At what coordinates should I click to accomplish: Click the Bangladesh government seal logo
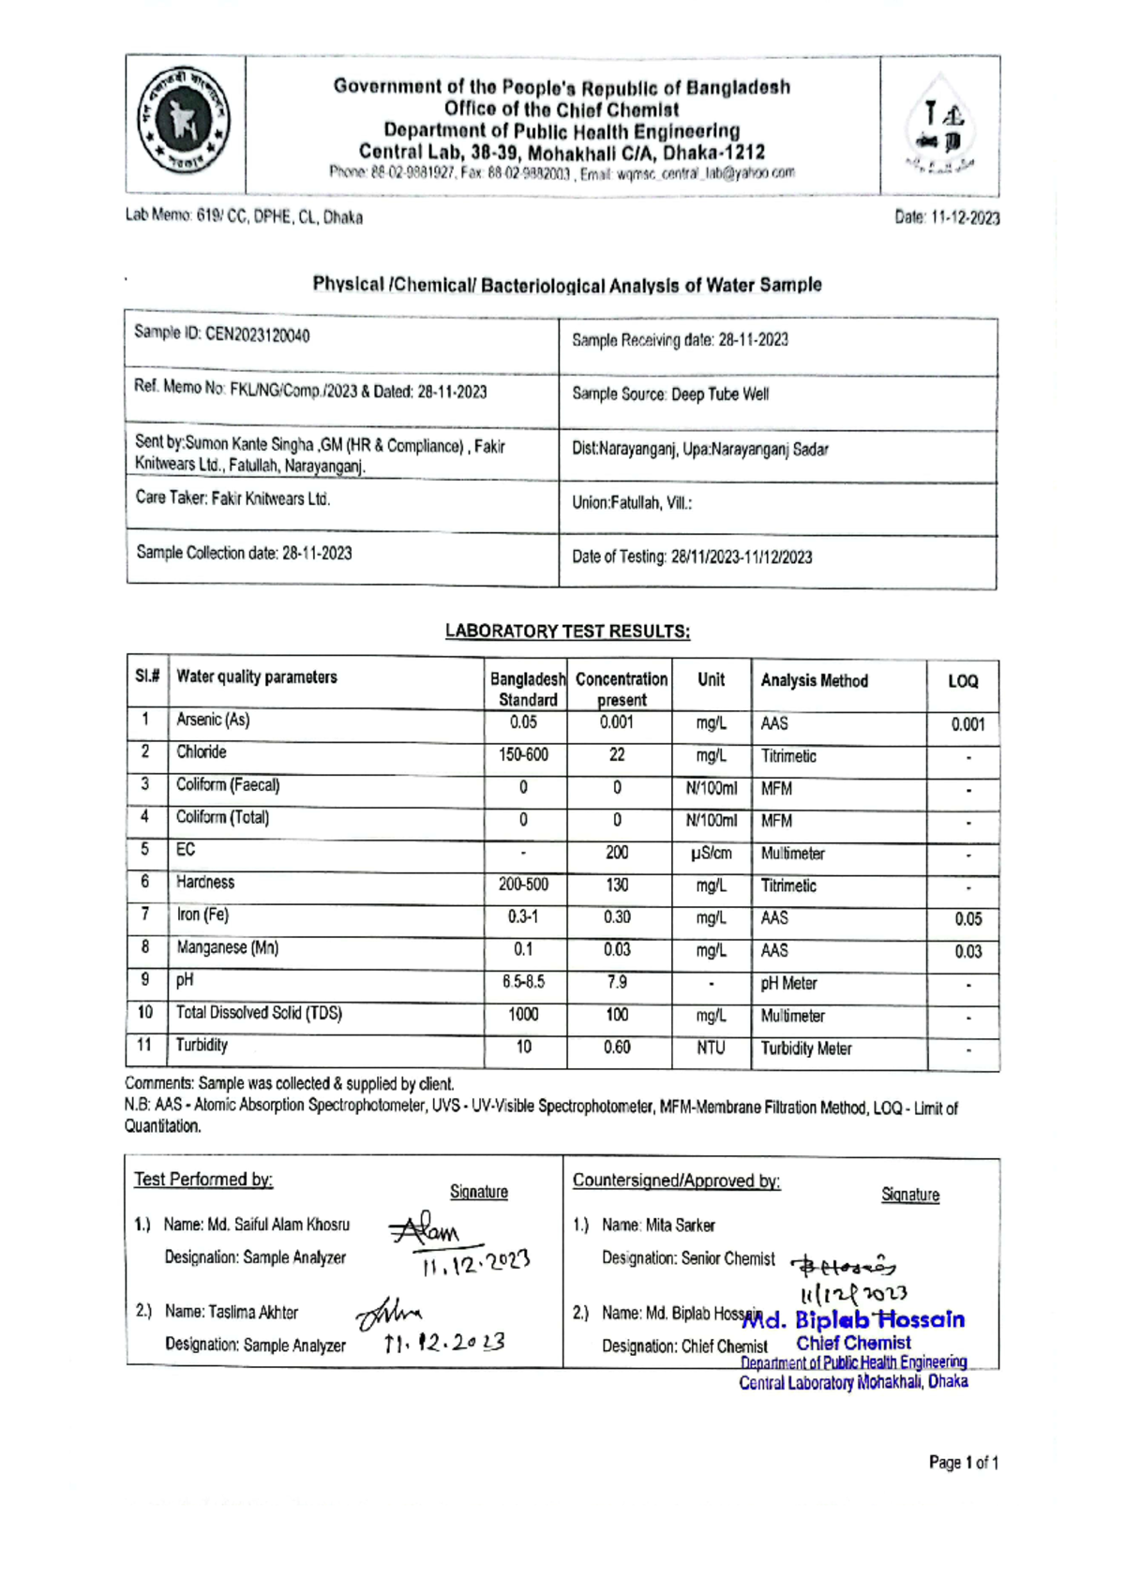(184, 126)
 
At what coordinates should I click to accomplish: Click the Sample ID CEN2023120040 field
(222, 335)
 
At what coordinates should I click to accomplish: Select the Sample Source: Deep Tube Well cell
(670, 394)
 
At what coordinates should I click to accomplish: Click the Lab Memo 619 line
(245, 217)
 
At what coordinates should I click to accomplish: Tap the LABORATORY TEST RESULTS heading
(567, 631)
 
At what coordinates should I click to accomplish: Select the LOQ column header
(963, 681)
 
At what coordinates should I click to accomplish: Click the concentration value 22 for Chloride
(617, 755)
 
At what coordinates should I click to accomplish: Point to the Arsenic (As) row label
(213, 720)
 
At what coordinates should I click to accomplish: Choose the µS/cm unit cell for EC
(711, 853)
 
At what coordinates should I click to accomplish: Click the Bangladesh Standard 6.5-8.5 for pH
(523, 982)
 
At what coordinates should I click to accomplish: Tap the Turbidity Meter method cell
(806, 1048)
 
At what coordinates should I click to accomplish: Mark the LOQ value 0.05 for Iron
(967, 919)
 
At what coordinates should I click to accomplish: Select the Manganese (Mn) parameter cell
(227, 947)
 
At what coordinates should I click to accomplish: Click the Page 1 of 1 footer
(963, 1463)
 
